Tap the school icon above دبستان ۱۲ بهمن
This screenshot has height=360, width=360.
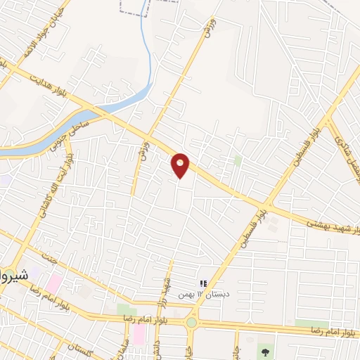203,283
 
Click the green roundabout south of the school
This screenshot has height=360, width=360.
191,323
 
